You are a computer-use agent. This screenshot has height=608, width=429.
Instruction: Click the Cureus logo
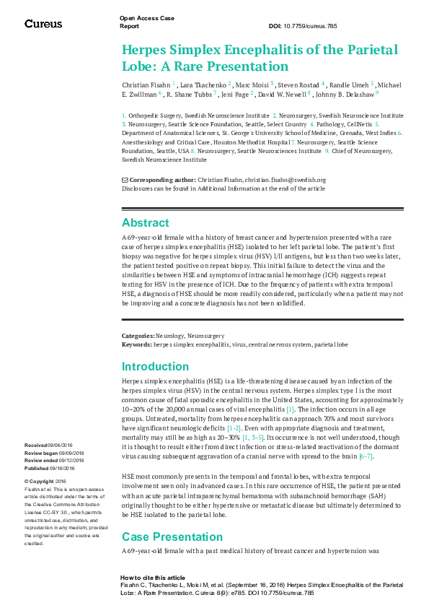click(x=44, y=24)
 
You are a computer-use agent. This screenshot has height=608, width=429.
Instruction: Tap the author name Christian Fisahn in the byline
click(x=146, y=84)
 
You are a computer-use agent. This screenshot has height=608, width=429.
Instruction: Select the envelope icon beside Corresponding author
click(x=125, y=180)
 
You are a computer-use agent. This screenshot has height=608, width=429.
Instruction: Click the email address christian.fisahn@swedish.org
click(x=285, y=180)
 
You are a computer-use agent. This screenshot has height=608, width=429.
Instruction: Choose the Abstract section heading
click(x=145, y=222)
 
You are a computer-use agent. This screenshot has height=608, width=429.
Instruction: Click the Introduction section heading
click(x=155, y=366)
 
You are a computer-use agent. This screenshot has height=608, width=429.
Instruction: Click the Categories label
click(x=138, y=336)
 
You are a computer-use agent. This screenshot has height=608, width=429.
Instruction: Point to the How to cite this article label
click(x=152, y=578)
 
